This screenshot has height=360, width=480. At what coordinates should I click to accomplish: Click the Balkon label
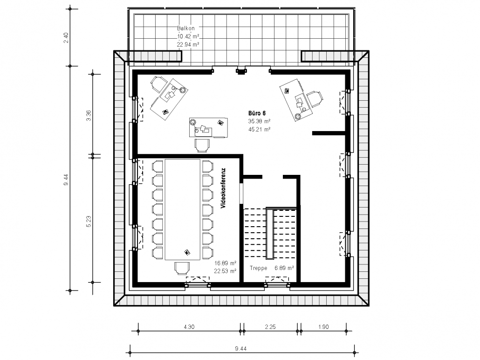click(x=185, y=28)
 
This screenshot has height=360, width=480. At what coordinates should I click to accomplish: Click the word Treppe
click(x=258, y=268)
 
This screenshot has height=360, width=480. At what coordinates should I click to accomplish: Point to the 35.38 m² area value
click(x=259, y=121)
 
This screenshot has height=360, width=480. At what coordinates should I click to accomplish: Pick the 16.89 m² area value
click(x=225, y=263)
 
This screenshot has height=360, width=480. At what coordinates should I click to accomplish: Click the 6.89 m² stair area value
click(x=284, y=268)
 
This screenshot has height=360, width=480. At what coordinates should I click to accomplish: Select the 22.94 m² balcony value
click(x=188, y=44)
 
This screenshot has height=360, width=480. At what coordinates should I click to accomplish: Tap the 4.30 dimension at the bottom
click(x=189, y=326)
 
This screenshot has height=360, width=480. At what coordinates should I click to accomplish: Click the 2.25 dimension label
click(x=270, y=326)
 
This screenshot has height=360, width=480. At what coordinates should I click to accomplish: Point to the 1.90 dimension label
click(x=323, y=326)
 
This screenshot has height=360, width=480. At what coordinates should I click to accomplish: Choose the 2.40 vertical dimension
click(x=66, y=38)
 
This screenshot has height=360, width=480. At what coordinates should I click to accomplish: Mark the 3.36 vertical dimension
click(x=89, y=115)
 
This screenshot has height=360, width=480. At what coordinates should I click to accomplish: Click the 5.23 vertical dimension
click(x=89, y=221)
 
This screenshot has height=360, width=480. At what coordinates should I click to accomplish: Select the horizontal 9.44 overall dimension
click(x=240, y=348)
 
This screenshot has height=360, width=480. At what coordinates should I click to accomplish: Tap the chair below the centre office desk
click(x=202, y=145)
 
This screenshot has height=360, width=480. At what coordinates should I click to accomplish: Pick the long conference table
click(x=183, y=209)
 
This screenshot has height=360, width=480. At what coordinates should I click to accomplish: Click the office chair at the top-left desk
click(x=158, y=83)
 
